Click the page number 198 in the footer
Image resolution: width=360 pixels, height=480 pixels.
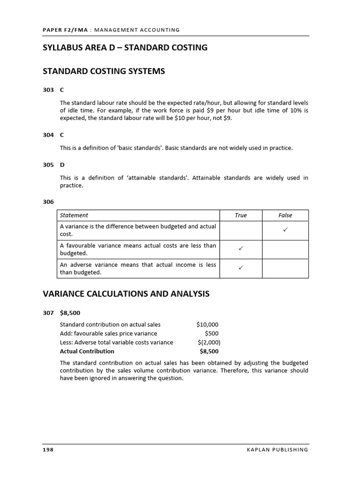click(x=48, y=450)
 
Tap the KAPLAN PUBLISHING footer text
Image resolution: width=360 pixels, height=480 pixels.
click(x=277, y=450)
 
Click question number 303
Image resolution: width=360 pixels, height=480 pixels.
click(x=48, y=90)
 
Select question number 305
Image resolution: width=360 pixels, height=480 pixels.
click(x=48, y=165)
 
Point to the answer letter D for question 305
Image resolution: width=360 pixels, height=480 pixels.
click(x=62, y=165)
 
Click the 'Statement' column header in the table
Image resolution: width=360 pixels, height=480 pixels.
click(x=74, y=216)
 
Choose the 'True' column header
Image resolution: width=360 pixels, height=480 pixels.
click(x=240, y=216)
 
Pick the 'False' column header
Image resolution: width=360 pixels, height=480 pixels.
click(x=285, y=216)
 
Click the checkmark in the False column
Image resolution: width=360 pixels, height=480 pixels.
click(x=285, y=230)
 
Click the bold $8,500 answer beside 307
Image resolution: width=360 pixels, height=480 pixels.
click(x=70, y=313)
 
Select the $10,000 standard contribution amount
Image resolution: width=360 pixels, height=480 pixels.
click(x=207, y=324)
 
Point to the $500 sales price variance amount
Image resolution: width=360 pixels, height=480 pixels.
click(x=211, y=334)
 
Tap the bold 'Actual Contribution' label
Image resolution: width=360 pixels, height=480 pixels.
click(x=87, y=351)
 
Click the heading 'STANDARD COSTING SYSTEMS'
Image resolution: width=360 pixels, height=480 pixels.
click(x=104, y=71)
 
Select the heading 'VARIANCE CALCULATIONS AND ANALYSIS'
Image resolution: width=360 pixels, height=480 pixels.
click(x=126, y=294)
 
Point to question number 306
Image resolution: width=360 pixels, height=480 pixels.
click(x=48, y=202)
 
